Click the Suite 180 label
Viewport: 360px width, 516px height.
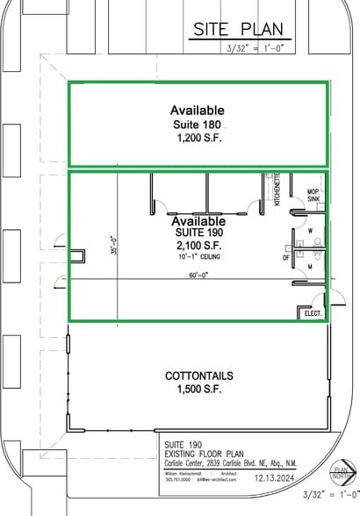198,125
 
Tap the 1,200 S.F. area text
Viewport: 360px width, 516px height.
198,140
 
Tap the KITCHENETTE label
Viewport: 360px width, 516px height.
277,189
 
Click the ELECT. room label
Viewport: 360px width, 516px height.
313,313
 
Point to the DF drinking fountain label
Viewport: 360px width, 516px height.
286,258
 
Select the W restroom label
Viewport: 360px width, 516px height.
311,232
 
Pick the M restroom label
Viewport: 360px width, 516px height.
311,265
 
